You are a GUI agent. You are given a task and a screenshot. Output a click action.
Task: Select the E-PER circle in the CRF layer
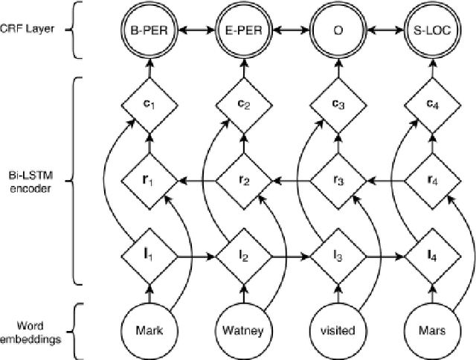pyautogui.click(x=242, y=33)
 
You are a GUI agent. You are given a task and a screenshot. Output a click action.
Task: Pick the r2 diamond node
pyautogui.click(x=242, y=180)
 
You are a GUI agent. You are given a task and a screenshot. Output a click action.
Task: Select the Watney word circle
pyautogui.click(x=242, y=330)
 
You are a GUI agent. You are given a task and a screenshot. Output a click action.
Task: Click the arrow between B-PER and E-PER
pyautogui.click(x=195, y=33)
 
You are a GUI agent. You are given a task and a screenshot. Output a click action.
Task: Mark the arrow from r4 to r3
pyautogui.click(x=385, y=180)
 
